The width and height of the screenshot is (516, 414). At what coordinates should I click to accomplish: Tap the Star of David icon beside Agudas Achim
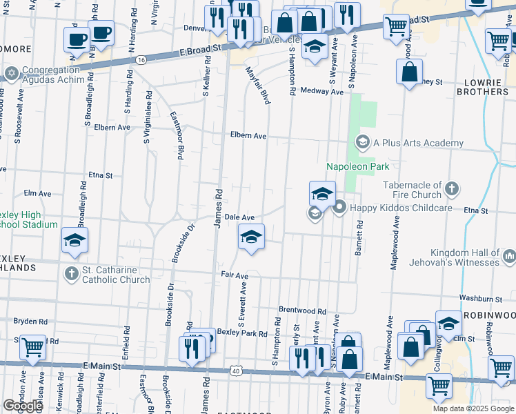tap(11, 72)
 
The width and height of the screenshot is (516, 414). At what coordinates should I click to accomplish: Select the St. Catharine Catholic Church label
tap(116, 275)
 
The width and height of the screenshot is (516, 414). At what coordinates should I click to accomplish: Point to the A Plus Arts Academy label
tap(418, 143)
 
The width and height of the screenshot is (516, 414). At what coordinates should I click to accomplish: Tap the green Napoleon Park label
tap(357, 166)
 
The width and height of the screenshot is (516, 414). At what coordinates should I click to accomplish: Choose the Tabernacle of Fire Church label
tap(413, 190)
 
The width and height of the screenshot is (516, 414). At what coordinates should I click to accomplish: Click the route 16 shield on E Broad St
tap(141, 61)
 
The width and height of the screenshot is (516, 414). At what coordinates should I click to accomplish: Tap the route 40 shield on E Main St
tap(236, 371)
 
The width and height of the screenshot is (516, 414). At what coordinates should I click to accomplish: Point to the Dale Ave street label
tap(240, 217)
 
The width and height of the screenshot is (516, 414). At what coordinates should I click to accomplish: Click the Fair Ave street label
tap(234, 275)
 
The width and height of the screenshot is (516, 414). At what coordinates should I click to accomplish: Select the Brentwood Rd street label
tap(301, 310)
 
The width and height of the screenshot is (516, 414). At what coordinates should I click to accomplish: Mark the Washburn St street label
tap(481, 299)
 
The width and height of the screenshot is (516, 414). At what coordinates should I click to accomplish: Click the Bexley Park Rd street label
tap(241, 333)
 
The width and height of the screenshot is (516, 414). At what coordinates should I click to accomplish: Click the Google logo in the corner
tap(23, 406)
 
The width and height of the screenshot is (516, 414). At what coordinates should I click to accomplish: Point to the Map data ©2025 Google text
tap(473, 408)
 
